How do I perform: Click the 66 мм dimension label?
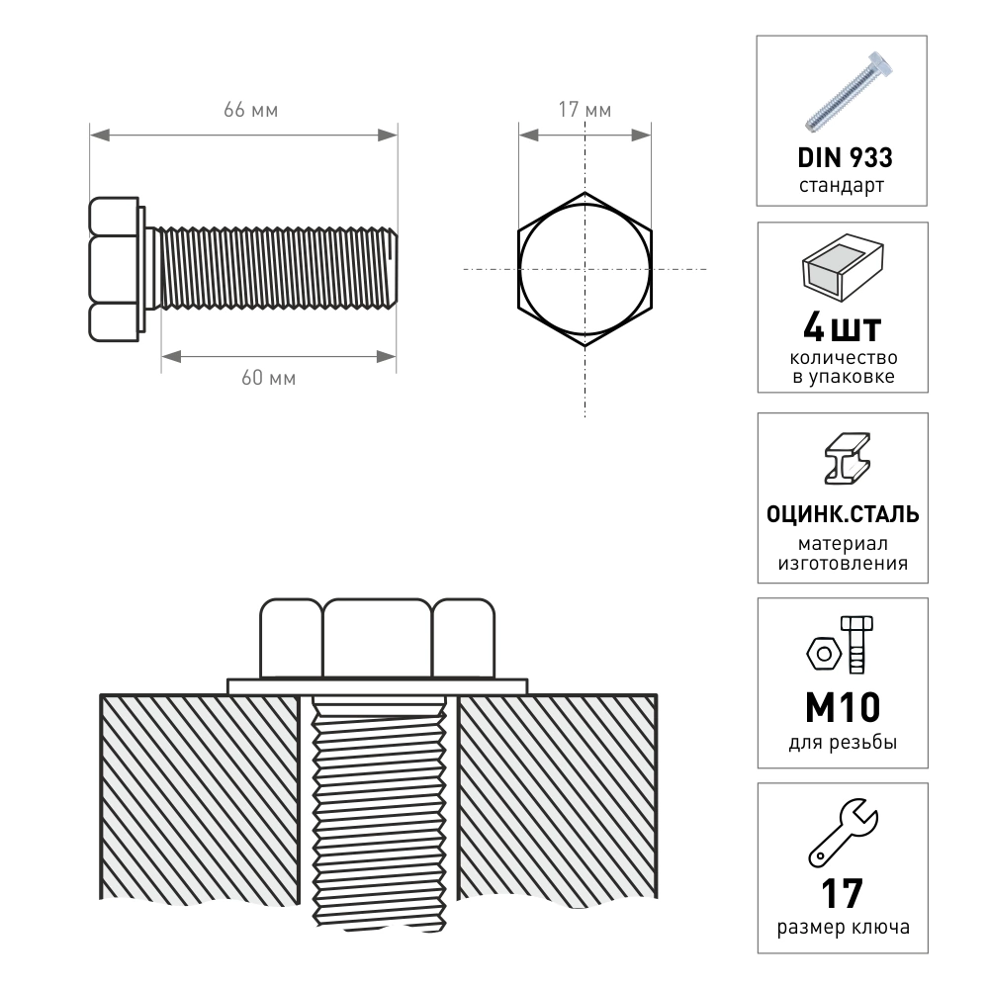[250, 110]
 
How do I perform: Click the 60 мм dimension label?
[268, 378]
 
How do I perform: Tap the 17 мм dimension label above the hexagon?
[584, 110]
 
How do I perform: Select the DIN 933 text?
[845, 157]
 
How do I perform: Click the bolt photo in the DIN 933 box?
[849, 91]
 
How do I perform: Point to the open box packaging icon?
[843, 267]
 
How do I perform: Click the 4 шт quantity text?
[842, 328]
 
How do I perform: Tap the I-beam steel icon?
[848, 459]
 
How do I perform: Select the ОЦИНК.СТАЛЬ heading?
[843, 514]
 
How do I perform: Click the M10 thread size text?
[843, 708]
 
